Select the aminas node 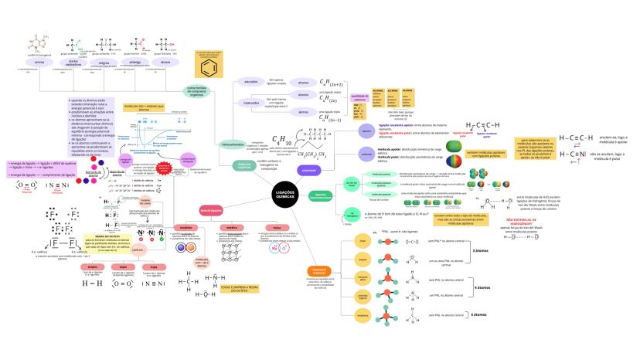(x=29, y=62)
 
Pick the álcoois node (x=165, y=62)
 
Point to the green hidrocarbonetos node (x=211, y=144)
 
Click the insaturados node (x=250, y=102)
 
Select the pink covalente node (x=186, y=228)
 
